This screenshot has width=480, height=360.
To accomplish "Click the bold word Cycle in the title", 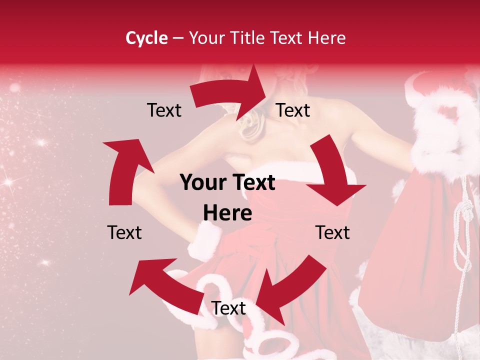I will click(146, 38).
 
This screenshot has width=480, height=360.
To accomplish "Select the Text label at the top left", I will click(164, 110).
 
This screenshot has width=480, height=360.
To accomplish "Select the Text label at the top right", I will click(293, 110).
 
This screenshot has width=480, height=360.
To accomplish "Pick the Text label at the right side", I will click(332, 232).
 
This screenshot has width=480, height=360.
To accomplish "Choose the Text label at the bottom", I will click(228, 308).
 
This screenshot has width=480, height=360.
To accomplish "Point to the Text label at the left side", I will click(124, 232).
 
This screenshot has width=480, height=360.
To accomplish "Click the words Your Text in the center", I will click(227, 183).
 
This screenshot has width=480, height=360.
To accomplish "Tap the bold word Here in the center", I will click(227, 213).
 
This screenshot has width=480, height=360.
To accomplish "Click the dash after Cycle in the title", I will click(177, 38).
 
